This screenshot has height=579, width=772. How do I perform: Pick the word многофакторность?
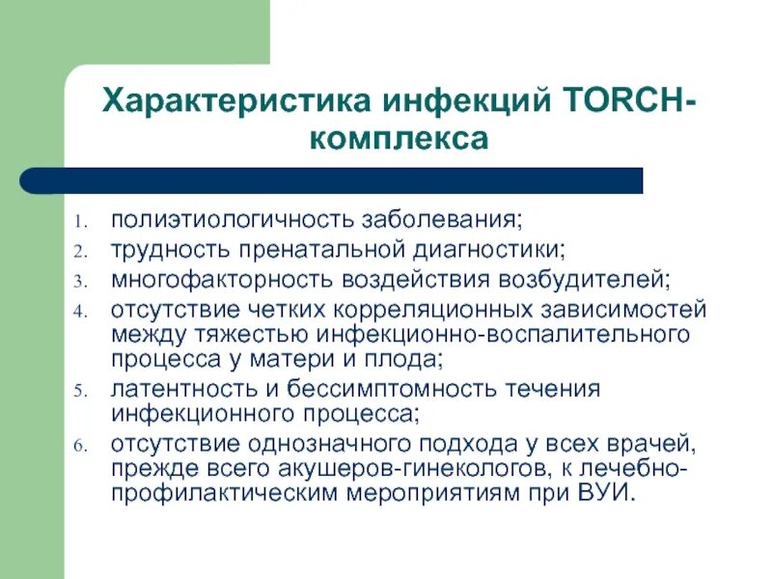click(221, 279)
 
